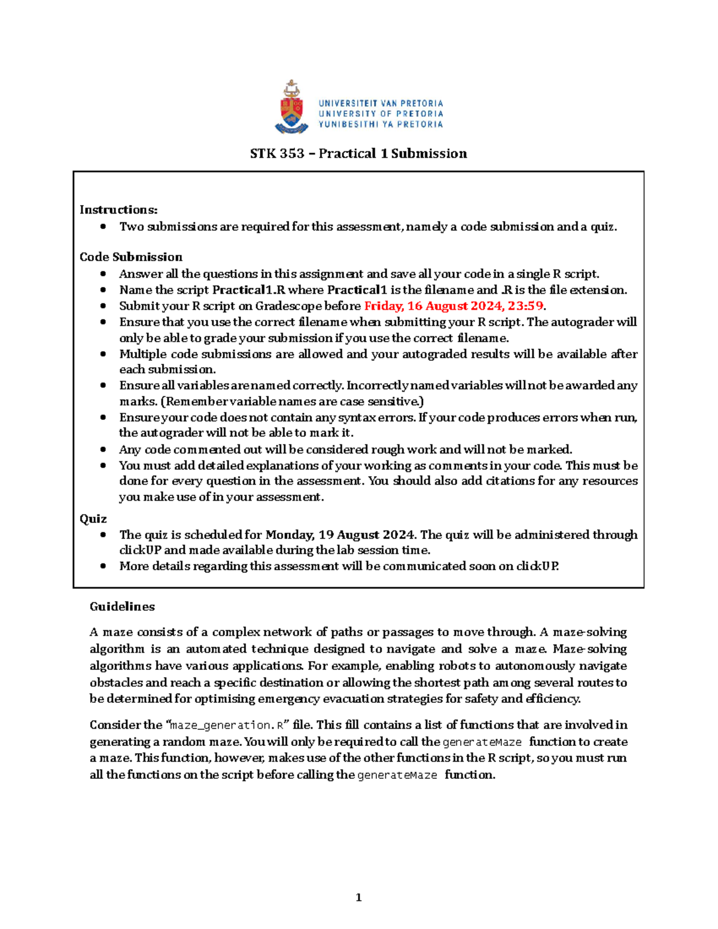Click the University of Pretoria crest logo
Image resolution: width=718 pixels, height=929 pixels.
click(x=291, y=108)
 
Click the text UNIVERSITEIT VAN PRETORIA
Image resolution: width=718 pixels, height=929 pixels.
click(x=381, y=103)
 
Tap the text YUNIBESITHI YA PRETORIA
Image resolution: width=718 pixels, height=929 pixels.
click(x=381, y=124)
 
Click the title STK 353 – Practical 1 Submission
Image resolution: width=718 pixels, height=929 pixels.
click(x=358, y=154)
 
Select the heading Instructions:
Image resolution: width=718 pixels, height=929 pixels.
click(x=118, y=210)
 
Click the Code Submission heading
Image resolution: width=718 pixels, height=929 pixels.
click(x=131, y=257)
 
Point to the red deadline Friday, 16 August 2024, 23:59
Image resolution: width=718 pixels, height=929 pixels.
click(x=454, y=306)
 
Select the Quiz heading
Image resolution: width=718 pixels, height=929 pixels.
click(x=93, y=519)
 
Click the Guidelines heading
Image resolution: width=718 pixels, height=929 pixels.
click(x=122, y=607)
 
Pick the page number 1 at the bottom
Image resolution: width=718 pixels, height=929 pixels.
click(x=358, y=897)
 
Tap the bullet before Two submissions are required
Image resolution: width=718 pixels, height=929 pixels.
click(x=104, y=227)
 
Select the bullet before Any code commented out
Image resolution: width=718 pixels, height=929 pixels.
click(x=104, y=449)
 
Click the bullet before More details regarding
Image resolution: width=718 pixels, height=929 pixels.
click(x=104, y=566)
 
